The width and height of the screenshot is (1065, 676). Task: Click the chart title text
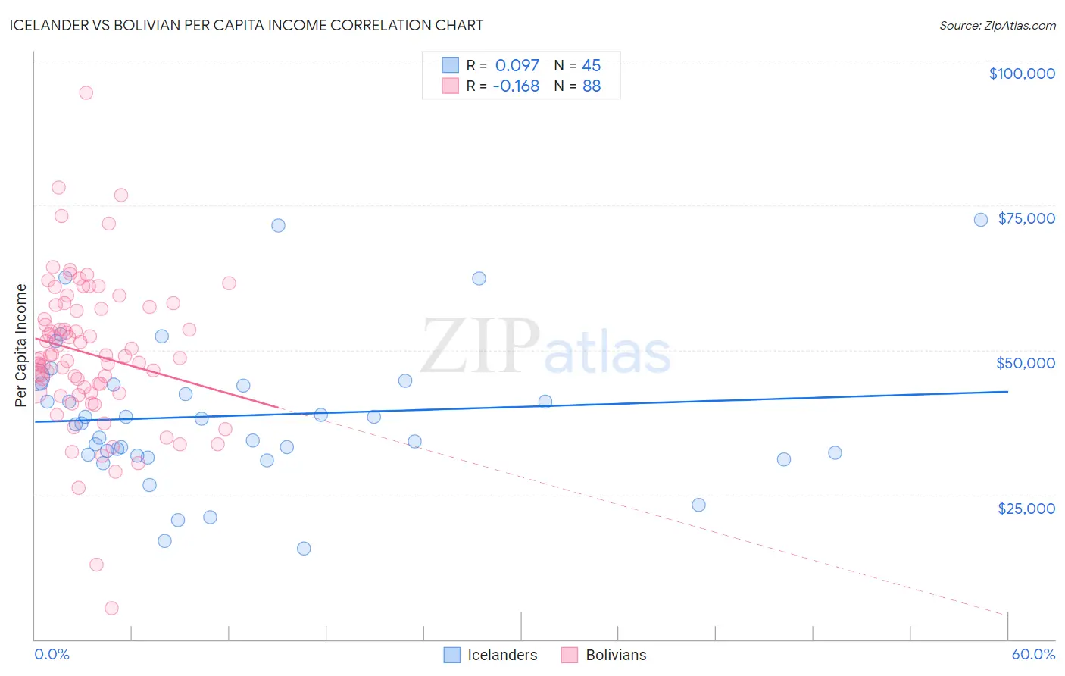(x=246, y=25)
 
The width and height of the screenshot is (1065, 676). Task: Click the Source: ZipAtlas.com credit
(x=997, y=25)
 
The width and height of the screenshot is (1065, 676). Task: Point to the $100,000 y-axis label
(x=1022, y=74)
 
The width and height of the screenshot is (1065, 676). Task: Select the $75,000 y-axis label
(x=1026, y=218)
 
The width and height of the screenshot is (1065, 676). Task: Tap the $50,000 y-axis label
(x=1026, y=363)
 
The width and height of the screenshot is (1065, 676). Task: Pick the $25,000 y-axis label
(x=1026, y=509)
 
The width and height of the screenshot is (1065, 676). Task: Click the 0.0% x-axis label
(x=52, y=654)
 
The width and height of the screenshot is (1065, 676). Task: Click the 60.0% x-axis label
(x=1033, y=654)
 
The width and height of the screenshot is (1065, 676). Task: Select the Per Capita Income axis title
(x=21, y=345)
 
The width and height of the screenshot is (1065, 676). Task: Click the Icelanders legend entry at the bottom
(x=501, y=655)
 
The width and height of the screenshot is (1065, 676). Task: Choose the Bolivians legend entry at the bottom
(x=616, y=655)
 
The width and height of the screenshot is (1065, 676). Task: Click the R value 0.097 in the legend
(x=517, y=66)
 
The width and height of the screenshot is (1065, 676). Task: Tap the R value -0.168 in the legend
(x=516, y=86)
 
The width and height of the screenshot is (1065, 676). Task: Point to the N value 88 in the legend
(x=592, y=86)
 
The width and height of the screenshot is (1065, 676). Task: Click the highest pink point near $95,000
(x=86, y=92)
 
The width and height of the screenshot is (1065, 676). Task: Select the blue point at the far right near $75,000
(x=980, y=220)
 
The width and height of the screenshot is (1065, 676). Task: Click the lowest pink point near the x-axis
(x=111, y=608)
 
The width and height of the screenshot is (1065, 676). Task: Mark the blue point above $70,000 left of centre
(x=278, y=225)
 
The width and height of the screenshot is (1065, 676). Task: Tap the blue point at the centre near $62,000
(x=479, y=278)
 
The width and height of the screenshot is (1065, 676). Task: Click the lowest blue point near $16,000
(x=304, y=548)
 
